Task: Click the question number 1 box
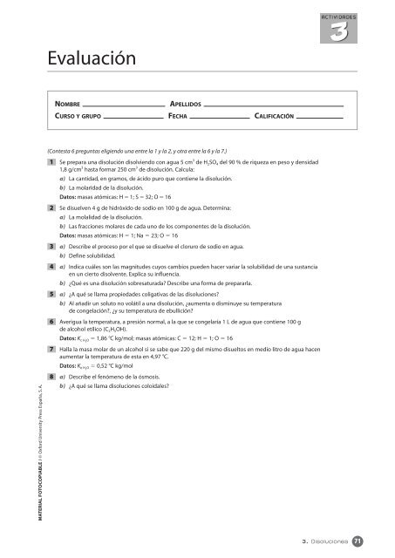[x=52, y=163]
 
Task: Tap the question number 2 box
[x=52, y=209]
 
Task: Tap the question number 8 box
[x=52, y=377]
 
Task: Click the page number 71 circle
[x=370, y=541]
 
